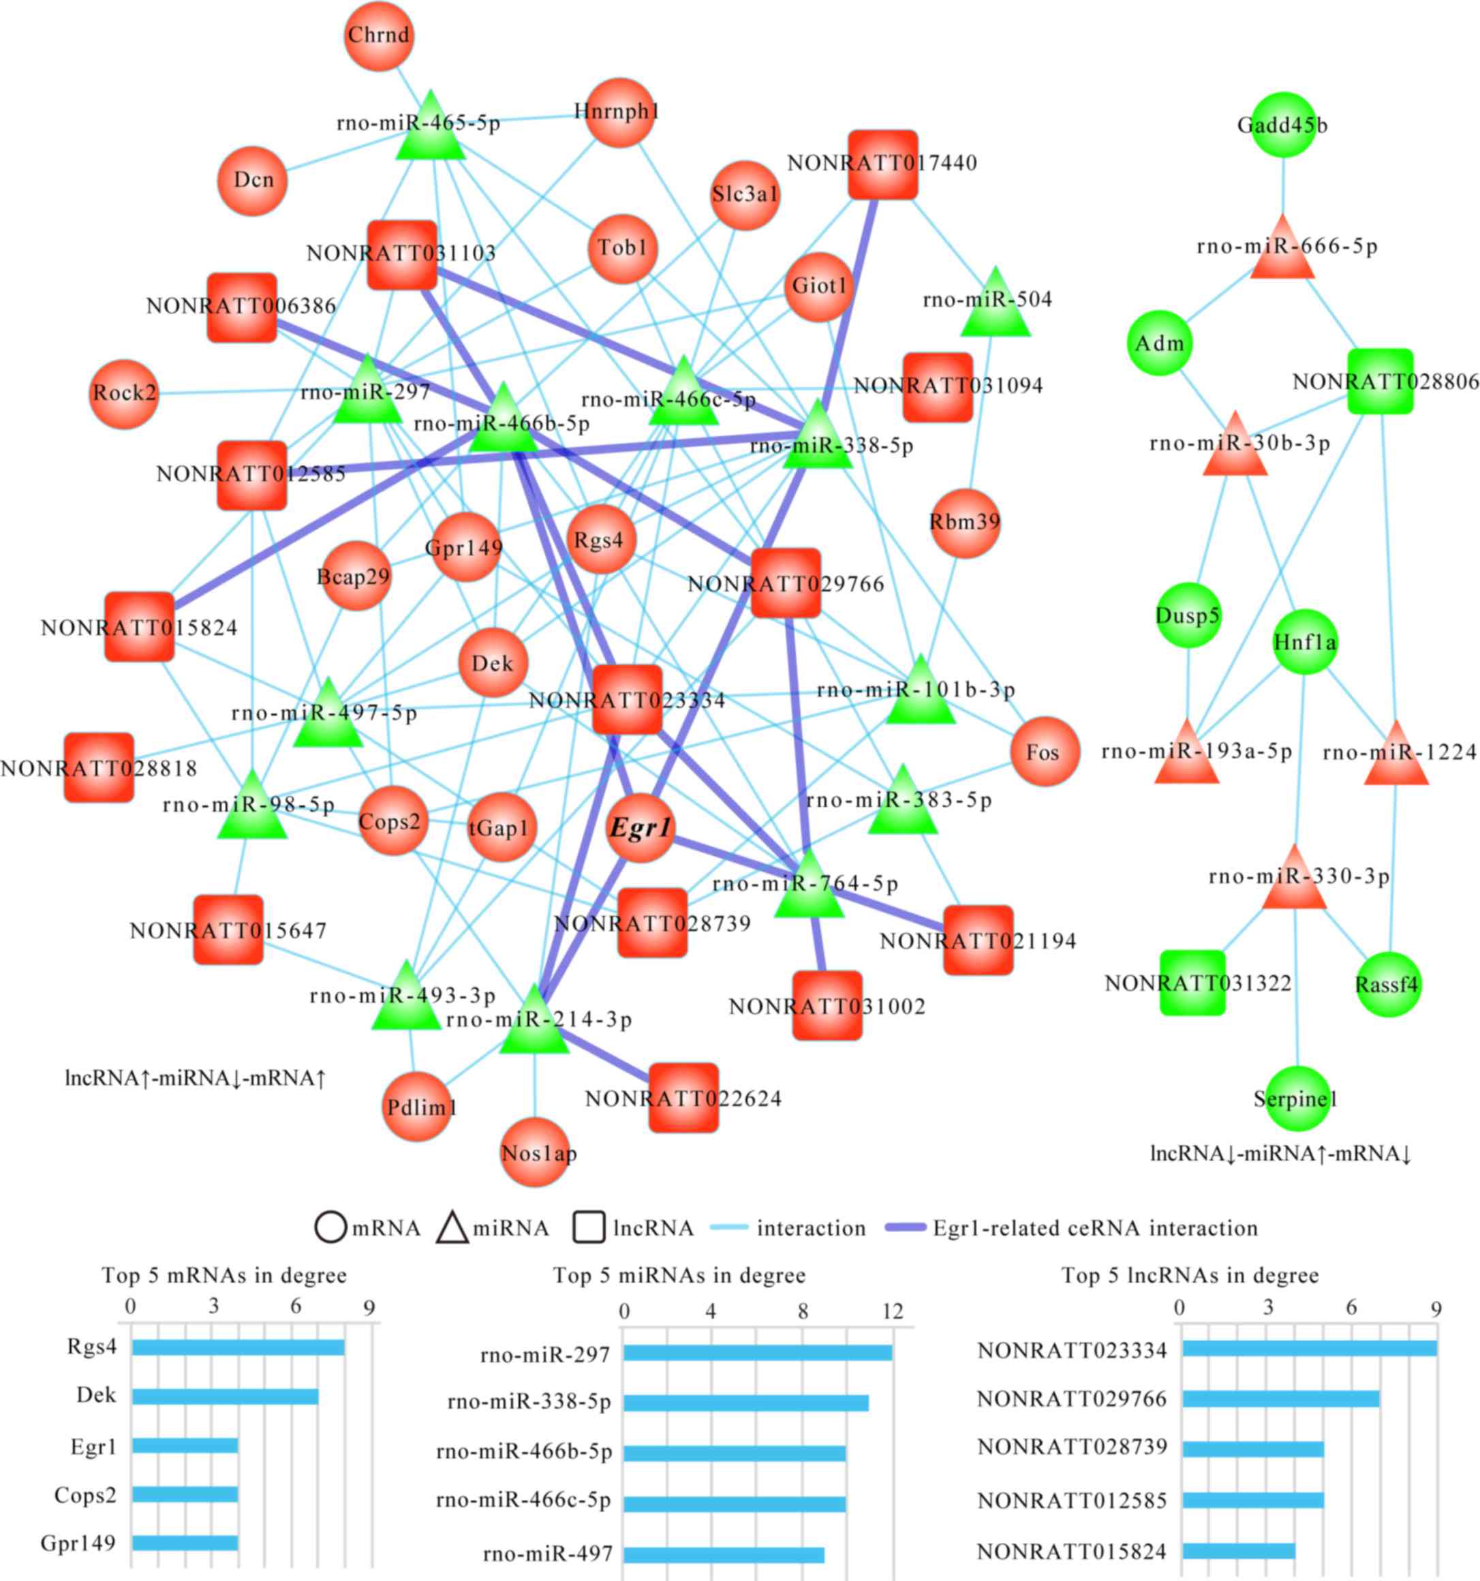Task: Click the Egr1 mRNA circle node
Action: [641, 828]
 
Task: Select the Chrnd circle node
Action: [379, 36]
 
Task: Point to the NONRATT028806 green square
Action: [1381, 381]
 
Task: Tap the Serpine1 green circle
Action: [1295, 1099]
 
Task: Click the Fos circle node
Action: [1045, 751]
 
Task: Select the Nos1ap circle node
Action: [535, 1152]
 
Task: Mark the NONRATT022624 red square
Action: [683, 1097]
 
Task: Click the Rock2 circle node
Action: [123, 393]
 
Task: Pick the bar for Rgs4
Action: [238, 1347]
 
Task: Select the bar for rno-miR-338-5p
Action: [745, 1401]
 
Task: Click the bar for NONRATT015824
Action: [1238, 1551]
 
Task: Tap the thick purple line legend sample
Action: [906, 1228]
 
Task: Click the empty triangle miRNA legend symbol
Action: [452, 1229]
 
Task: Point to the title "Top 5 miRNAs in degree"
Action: [679, 1276]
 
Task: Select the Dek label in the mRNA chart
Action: [96, 1395]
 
